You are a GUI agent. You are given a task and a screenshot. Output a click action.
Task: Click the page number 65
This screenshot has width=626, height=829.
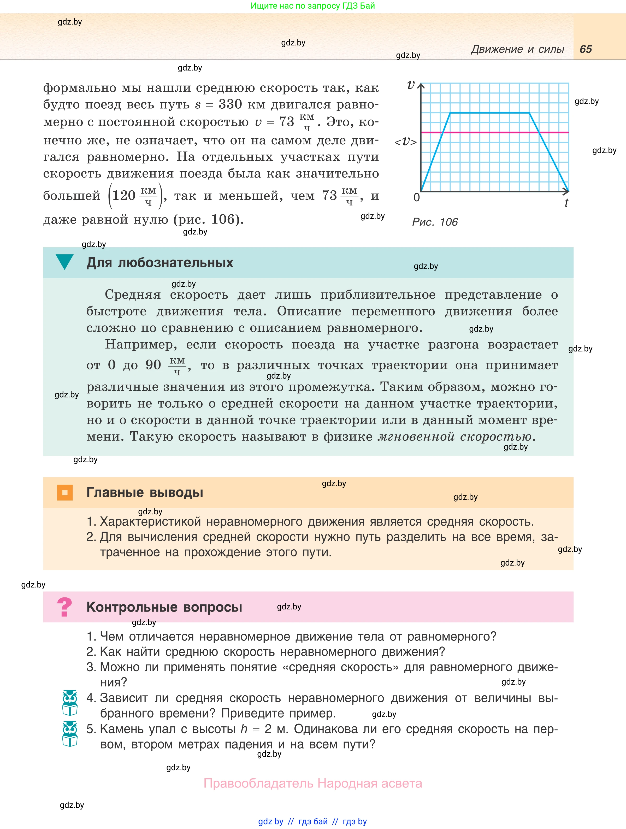(586, 49)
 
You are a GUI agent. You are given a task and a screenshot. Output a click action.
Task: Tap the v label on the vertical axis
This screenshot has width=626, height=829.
(411, 85)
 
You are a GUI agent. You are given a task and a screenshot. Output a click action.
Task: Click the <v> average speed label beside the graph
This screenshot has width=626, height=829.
(405, 142)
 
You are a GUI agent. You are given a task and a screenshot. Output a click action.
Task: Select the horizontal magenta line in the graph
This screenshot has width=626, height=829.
(494, 132)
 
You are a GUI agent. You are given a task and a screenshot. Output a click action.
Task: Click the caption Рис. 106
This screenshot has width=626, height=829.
(435, 222)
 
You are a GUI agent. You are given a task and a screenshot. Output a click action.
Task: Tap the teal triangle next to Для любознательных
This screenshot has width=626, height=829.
(64, 261)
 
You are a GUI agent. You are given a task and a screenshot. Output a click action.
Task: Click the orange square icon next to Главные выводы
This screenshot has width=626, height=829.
(65, 492)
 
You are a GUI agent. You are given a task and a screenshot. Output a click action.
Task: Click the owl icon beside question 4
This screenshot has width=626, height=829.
(70, 703)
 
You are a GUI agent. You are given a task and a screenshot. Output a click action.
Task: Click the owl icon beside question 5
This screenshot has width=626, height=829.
(70, 734)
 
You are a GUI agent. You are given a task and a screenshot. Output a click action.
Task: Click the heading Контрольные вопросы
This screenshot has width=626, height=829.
(164, 607)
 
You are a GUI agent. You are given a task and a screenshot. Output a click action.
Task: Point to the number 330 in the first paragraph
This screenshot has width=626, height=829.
(230, 104)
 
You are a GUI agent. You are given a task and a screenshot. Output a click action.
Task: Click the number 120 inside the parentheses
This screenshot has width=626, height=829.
(124, 195)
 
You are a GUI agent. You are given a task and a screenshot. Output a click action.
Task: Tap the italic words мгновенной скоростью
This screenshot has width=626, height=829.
(454, 437)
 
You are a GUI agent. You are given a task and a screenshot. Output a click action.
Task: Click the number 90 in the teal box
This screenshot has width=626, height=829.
(153, 365)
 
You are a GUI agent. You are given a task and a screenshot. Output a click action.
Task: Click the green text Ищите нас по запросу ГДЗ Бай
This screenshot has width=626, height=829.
(312, 6)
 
